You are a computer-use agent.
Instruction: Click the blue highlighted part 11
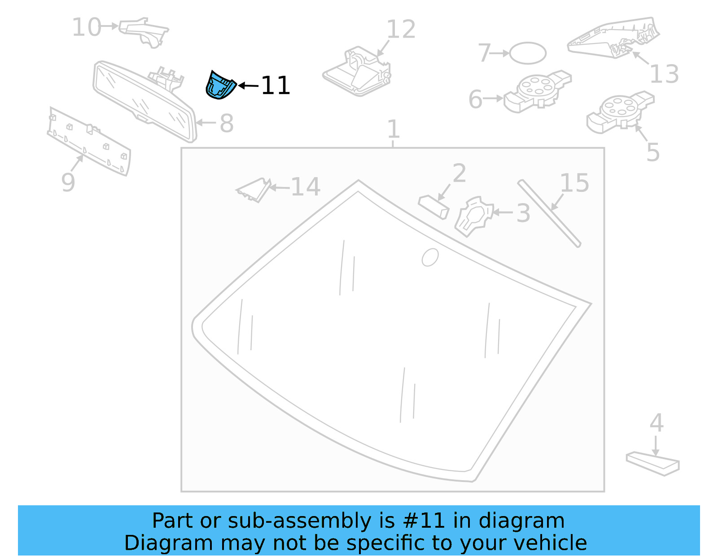(x=220, y=85)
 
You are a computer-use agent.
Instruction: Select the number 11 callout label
(x=275, y=85)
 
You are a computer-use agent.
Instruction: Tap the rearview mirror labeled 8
(x=144, y=101)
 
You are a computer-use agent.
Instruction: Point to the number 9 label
(x=68, y=182)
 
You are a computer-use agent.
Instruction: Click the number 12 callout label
(x=401, y=30)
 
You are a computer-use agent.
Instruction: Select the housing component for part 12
(x=357, y=72)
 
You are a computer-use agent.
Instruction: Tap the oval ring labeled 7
(x=528, y=53)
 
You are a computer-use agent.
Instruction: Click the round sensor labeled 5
(x=619, y=113)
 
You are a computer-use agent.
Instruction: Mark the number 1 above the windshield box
(x=393, y=129)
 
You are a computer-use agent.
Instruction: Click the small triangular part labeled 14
(x=254, y=190)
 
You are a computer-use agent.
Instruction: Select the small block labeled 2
(x=433, y=206)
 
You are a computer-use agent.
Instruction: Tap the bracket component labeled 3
(x=473, y=215)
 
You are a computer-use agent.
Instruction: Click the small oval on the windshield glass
(x=430, y=257)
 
